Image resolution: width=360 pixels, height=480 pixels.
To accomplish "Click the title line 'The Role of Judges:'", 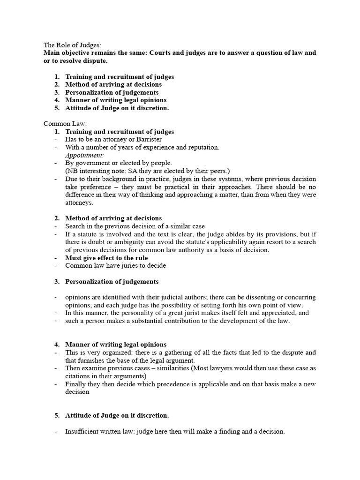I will pos(72,45).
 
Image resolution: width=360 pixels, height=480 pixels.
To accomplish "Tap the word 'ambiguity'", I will pos(122,242).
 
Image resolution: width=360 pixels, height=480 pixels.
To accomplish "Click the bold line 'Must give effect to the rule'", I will pos(106,258).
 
